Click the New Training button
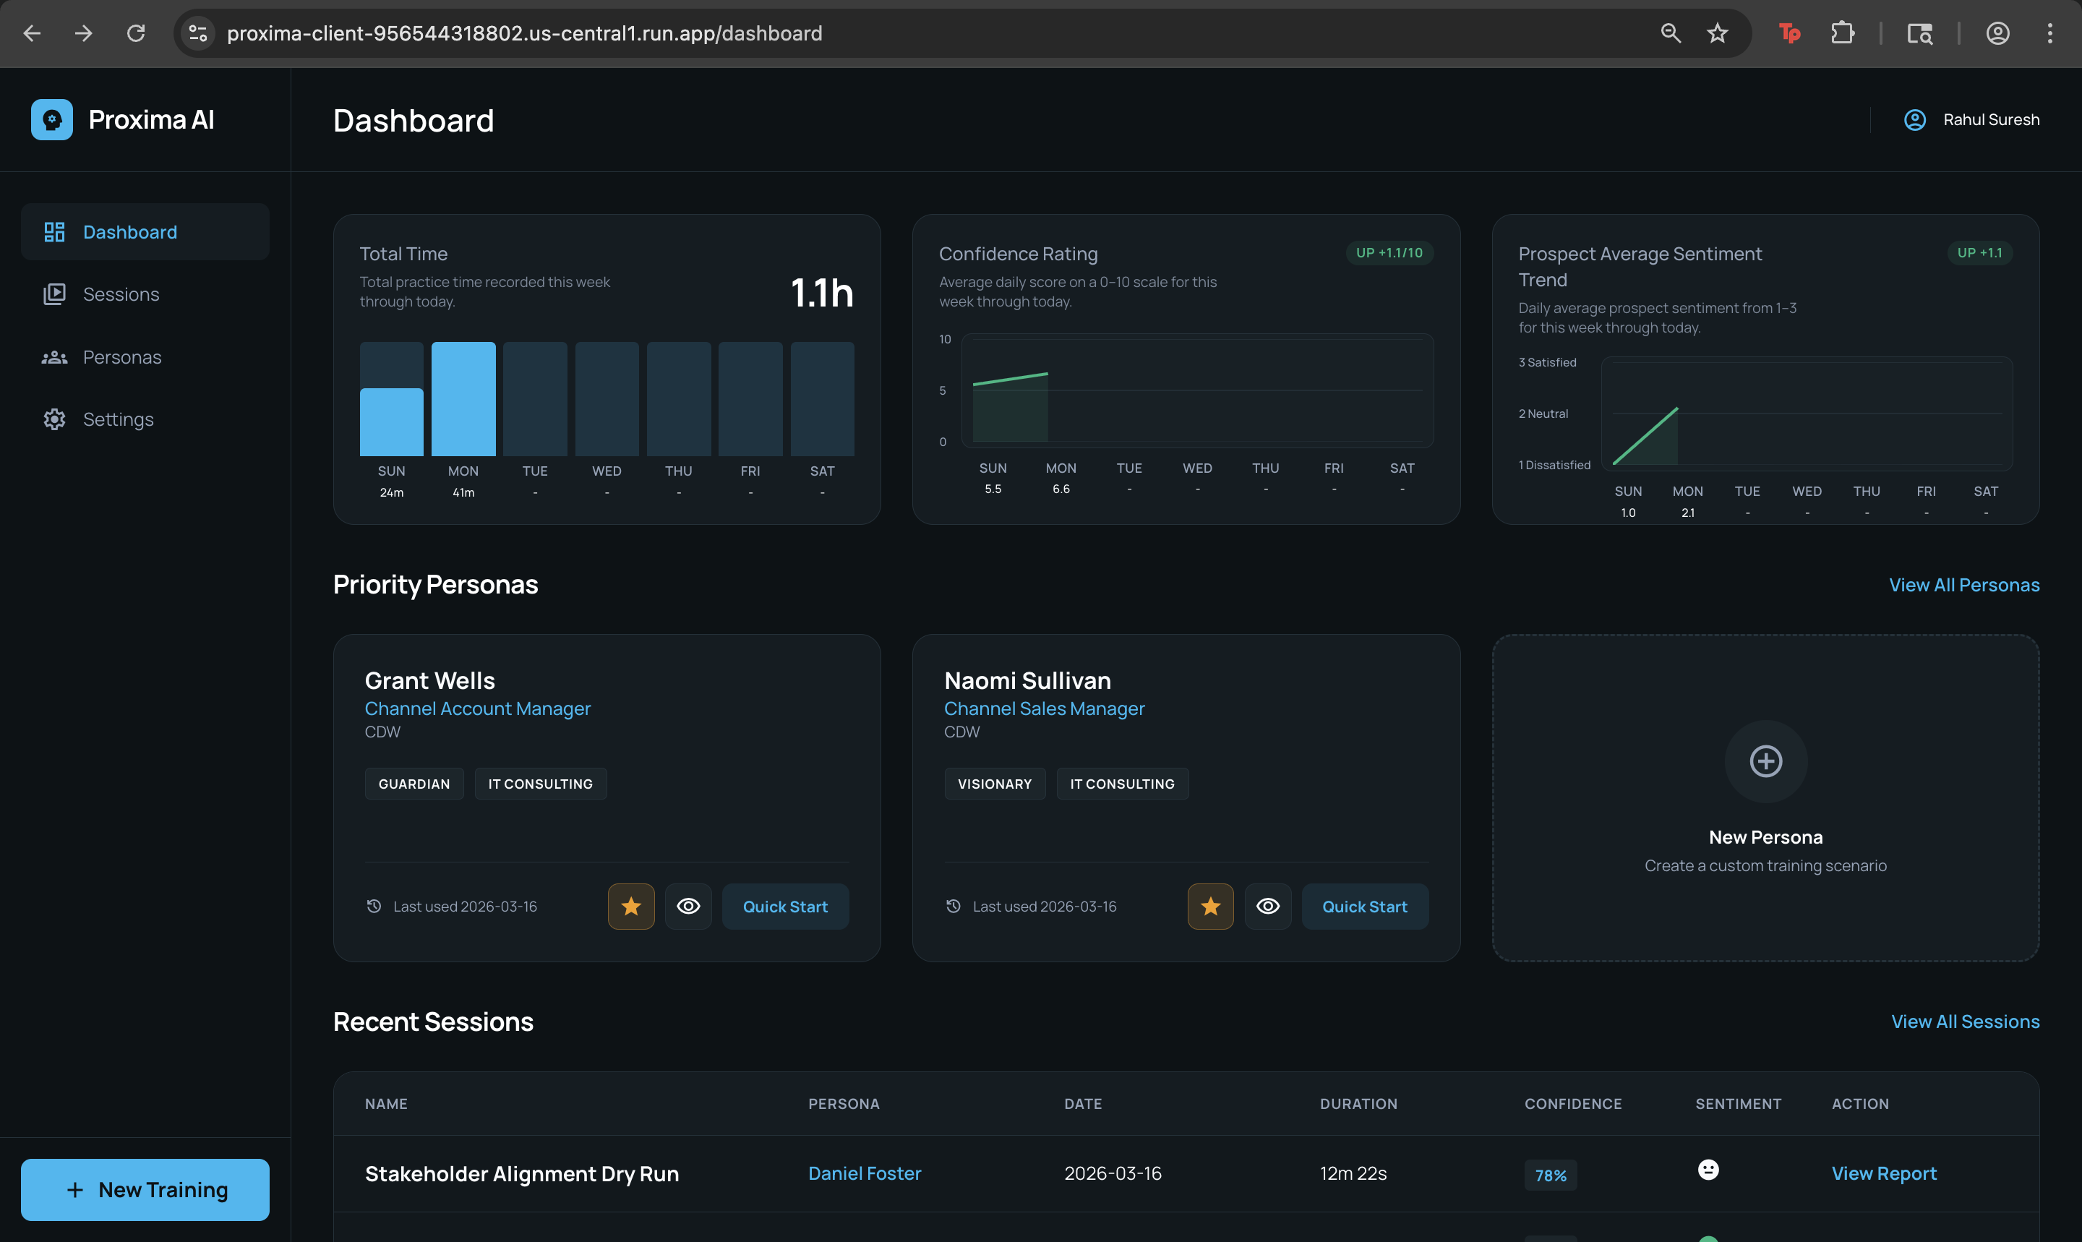pyautogui.click(x=145, y=1189)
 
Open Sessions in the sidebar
pyautogui.click(x=121, y=295)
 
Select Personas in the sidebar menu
pyautogui.click(x=121, y=357)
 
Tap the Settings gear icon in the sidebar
pyautogui.click(x=54, y=419)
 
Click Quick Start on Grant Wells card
pyautogui.click(x=785, y=907)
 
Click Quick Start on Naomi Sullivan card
pyautogui.click(x=1364, y=907)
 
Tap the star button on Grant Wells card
pyautogui.click(x=631, y=907)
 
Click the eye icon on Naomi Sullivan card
pyautogui.click(x=1268, y=907)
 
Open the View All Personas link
pyautogui.click(x=1963, y=585)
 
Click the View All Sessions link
pyautogui.click(x=1965, y=1022)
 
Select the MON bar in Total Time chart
pyautogui.click(x=463, y=399)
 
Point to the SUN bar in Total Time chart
pyautogui.click(x=392, y=421)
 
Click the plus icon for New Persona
pyautogui.click(x=1765, y=761)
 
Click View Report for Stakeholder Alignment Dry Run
pyautogui.click(x=1884, y=1173)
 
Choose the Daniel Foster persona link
pyautogui.click(x=865, y=1173)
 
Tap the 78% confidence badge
pyautogui.click(x=1550, y=1175)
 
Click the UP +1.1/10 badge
pyautogui.click(x=1389, y=253)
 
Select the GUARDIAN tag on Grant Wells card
pyautogui.click(x=414, y=784)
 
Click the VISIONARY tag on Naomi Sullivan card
pyautogui.click(x=994, y=784)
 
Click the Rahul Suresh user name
pyautogui.click(x=1991, y=120)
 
